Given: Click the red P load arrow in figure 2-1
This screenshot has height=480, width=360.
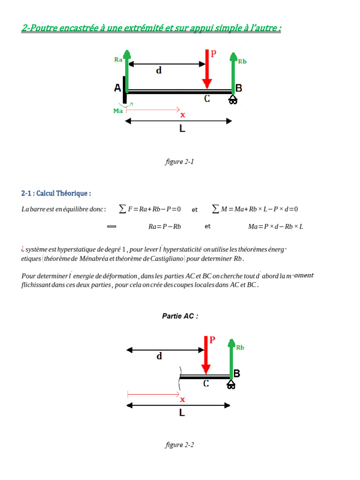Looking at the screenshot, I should click(206, 70).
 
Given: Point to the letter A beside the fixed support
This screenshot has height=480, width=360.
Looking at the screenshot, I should click(118, 88).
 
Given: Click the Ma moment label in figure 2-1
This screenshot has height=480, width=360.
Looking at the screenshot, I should click(119, 111).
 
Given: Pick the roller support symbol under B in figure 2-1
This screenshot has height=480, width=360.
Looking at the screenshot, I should click(233, 100).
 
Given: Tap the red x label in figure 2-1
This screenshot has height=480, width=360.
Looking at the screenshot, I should click(183, 114).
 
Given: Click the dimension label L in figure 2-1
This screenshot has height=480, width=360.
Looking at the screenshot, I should click(182, 128).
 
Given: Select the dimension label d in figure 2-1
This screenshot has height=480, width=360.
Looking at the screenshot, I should click(159, 71).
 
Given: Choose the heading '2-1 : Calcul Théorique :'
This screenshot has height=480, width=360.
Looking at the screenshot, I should click(56, 193).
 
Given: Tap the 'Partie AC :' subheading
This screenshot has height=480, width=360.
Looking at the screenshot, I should click(180, 316).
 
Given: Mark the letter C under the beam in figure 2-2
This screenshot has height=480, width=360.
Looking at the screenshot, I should click(206, 383).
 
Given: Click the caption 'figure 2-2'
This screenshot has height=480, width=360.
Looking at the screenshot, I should click(180, 445).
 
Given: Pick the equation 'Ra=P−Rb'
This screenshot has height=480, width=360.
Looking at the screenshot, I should click(165, 226).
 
